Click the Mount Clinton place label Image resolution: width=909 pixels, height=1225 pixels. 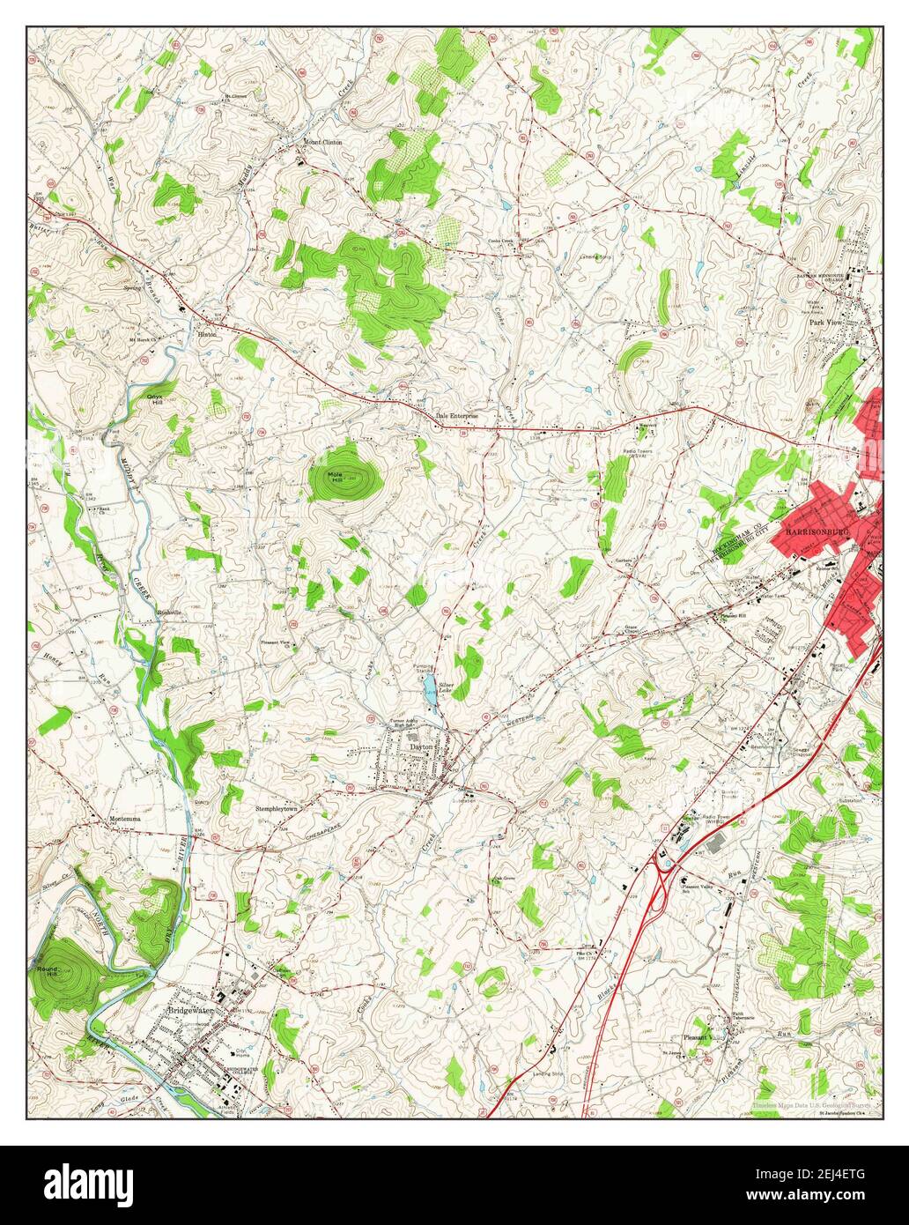322,142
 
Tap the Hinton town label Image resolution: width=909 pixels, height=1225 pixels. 207,335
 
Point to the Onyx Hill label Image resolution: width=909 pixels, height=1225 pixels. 160,398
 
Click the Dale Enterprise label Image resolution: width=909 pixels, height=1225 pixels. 457,415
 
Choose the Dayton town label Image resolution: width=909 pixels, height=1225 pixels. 423,747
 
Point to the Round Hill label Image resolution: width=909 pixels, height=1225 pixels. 46,970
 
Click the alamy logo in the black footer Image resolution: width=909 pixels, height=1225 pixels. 92,1184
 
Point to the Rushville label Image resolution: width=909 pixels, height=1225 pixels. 168,612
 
